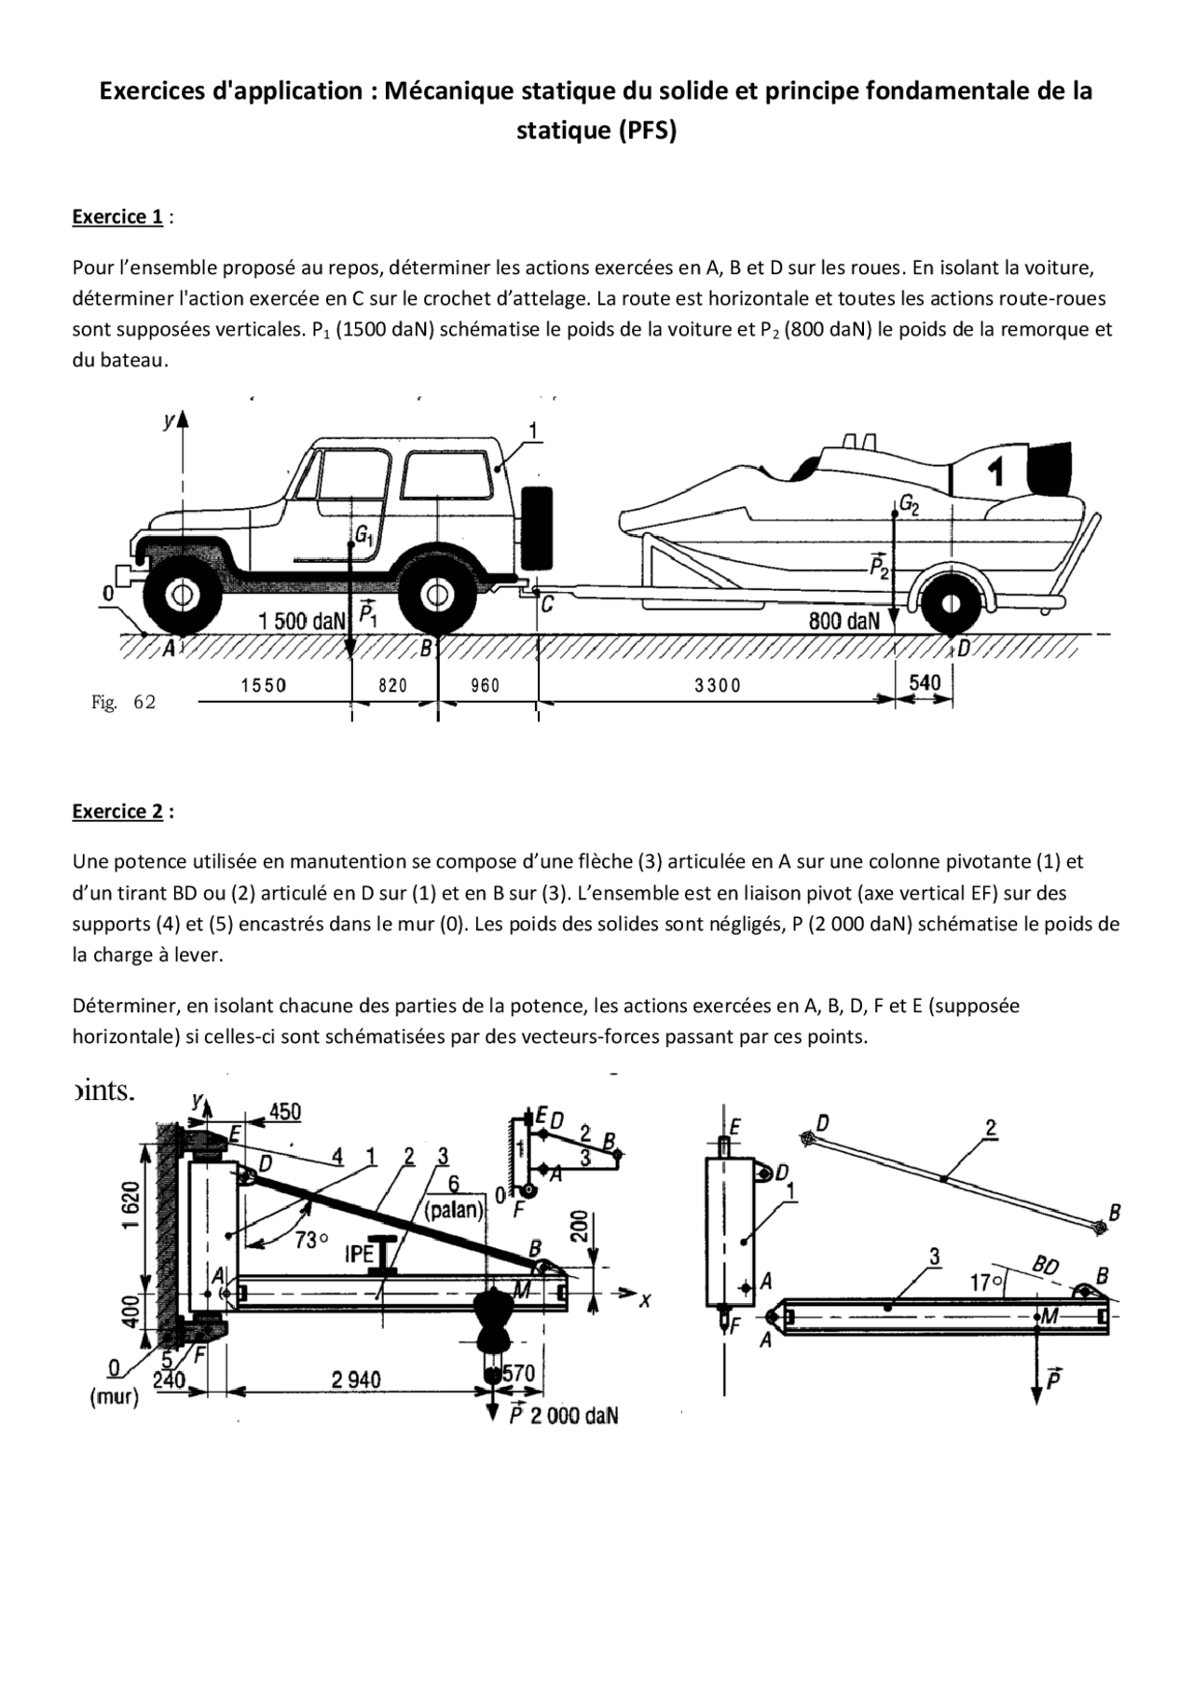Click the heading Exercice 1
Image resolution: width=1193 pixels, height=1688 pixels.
117,217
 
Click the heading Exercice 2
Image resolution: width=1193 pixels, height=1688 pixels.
117,812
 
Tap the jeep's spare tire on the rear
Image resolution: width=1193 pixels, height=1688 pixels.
536,528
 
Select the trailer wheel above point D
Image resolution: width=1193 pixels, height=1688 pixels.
950,604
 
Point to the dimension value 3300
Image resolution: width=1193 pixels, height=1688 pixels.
717,686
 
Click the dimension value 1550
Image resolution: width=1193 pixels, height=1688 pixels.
264,686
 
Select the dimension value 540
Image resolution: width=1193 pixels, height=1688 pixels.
925,682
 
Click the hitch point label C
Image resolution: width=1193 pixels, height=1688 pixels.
548,605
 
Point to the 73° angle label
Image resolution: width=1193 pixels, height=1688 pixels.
312,1240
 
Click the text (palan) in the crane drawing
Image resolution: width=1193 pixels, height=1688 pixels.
454,1211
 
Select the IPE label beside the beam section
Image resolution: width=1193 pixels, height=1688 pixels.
360,1254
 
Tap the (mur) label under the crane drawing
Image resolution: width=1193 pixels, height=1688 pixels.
115,1397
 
